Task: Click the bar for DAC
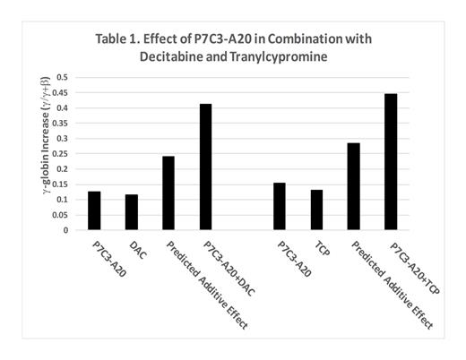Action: [132, 212]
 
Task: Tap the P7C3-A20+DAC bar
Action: [205, 167]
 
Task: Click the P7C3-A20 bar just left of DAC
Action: [94, 210]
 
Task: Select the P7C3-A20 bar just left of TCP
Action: [280, 206]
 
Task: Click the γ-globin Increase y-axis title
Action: [37, 154]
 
